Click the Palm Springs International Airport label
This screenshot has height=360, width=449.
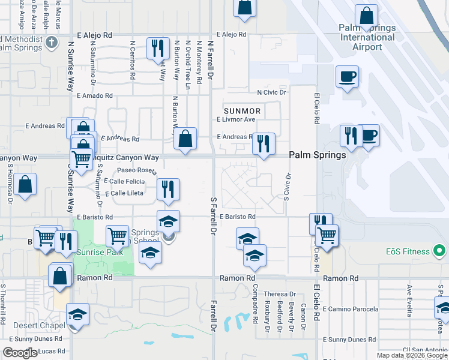click(367, 37)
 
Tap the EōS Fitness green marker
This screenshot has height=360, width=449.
click(439, 250)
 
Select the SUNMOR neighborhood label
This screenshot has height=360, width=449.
click(242, 111)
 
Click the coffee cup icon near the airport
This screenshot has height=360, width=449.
click(347, 77)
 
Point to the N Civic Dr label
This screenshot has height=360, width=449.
click(271, 92)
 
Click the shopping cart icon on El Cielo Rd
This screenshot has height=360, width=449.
click(327, 235)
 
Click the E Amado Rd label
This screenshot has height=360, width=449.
click(95, 95)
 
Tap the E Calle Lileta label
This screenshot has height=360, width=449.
click(124, 193)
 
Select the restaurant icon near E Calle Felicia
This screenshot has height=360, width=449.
click(168, 189)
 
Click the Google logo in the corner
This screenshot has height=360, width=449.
click(20, 353)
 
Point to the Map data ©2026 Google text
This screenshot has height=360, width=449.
click(412, 355)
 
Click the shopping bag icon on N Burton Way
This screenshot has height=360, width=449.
click(185, 139)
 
